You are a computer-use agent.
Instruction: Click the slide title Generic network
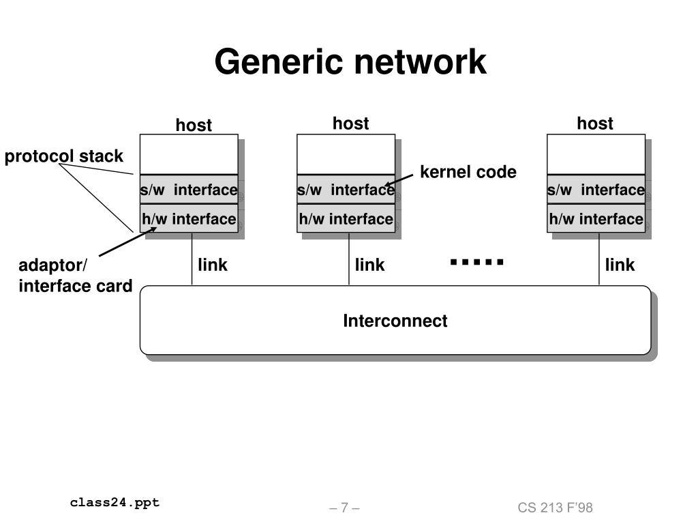click(350, 62)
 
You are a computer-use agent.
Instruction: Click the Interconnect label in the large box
click(395, 321)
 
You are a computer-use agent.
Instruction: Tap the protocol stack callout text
click(63, 156)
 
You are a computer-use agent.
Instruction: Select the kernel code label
click(468, 172)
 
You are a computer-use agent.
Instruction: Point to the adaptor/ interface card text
click(75, 276)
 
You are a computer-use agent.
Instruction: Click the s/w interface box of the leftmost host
click(189, 190)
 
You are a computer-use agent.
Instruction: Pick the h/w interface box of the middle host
click(346, 218)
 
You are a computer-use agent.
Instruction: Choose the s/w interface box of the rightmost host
click(596, 190)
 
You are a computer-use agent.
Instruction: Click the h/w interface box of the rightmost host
click(596, 218)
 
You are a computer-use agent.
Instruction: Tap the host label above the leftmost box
click(194, 126)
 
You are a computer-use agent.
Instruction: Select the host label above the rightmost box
click(594, 123)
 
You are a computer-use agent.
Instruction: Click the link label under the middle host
click(369, 265)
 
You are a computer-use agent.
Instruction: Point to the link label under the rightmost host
click(620, 265)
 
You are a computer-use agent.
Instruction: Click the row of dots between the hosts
click(476, 262)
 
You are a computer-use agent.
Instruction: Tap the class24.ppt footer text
click(115, 503)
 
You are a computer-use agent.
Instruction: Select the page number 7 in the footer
click(344, 508)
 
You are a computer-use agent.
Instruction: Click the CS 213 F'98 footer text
click(555, 508)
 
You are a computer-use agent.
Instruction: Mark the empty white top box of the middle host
click(346, 154)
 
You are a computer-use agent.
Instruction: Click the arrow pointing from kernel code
click(399, 180)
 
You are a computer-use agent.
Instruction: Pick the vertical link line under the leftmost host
click(192, 259)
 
